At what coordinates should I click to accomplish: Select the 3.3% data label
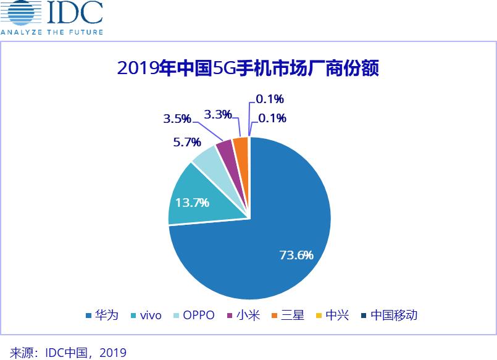pyautogui.click(x=218, y=114)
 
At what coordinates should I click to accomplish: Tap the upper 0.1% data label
pyautogui.click(x=270, y=99)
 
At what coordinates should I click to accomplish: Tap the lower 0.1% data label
pyautogui.click(x=272, y=118)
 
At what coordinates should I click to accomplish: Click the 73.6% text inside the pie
pyautogui.click(x=296, y=254)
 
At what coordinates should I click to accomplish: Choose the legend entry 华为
pyautogui.click(x=102, y=315)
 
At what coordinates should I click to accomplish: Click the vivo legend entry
pyautogui.click(x=144, y=315)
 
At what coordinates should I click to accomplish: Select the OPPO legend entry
pyautogui.click(x=193, y=315)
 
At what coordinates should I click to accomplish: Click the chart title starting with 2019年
pyautogui.click(x=248, y=67)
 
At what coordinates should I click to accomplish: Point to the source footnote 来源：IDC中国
pyautogui.click(x=68, y=353)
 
